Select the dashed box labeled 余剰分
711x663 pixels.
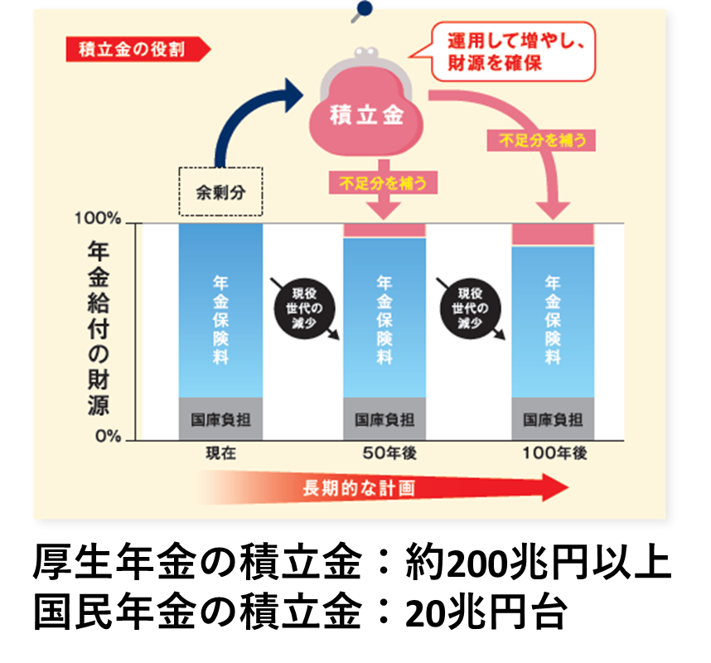[220, 191]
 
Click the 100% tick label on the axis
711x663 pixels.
[98, 220]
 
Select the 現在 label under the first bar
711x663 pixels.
[220, 453]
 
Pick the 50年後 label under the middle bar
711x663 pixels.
[385, 453]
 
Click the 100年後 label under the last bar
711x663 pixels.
[554, 453]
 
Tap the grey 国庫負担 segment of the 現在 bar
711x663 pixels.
[220, 419]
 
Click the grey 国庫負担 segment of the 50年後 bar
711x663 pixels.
[385, 419]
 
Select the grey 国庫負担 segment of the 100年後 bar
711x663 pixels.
[553, 419]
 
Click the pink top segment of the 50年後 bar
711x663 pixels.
[385, 230]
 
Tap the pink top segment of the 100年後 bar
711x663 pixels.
[553, 235]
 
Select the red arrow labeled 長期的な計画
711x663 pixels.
[381, 488]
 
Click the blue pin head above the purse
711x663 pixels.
[362, 9]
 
